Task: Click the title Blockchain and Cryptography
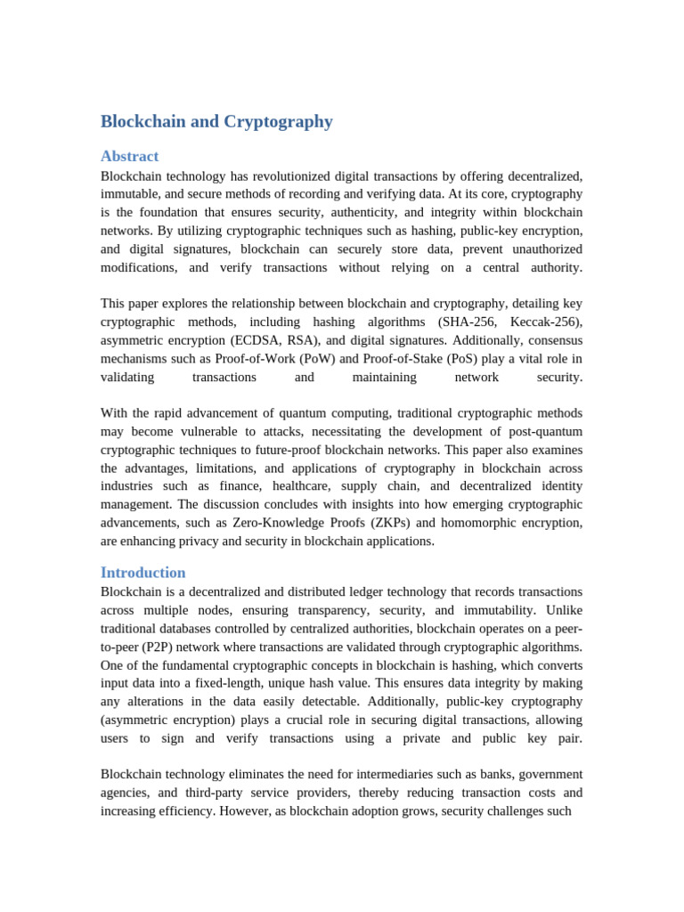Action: [216, 122]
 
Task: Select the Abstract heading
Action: [129, 156]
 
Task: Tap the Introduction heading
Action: [142, 573]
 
